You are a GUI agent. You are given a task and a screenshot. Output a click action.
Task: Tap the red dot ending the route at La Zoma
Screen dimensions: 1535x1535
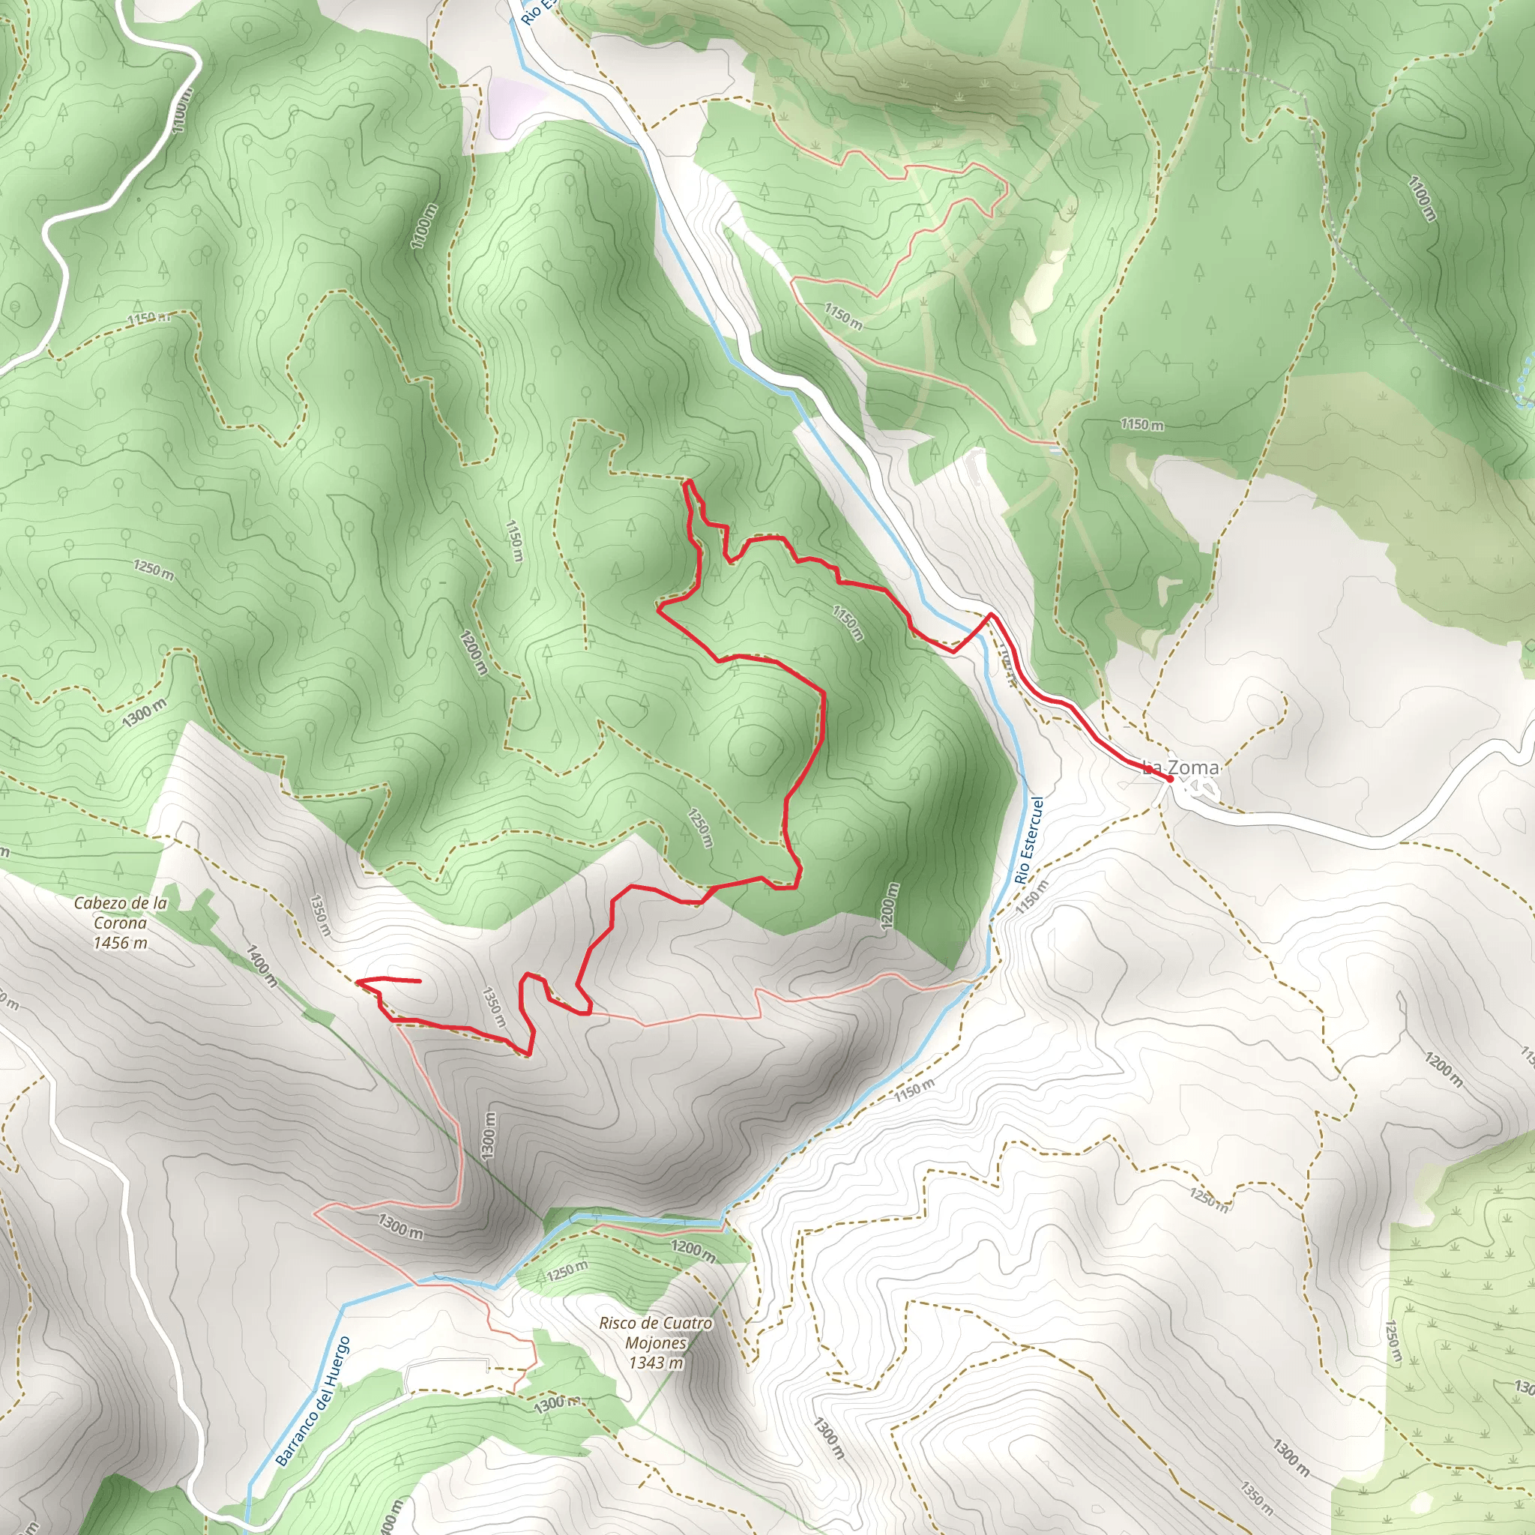click(1169, 779)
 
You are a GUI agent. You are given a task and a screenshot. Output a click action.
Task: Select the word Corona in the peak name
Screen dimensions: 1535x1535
click(120, 923)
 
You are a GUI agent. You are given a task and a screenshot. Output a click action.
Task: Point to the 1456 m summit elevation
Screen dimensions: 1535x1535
click(120, 943)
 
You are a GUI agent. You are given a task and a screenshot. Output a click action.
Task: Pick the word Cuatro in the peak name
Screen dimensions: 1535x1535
click(687, 1324)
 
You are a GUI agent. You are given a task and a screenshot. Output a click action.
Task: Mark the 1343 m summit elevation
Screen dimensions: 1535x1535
click(656, 1363)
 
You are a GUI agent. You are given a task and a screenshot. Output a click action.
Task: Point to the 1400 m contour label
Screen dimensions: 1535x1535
click(262, 965)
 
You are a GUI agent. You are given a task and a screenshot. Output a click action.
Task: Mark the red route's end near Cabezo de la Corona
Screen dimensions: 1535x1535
click(419, 981)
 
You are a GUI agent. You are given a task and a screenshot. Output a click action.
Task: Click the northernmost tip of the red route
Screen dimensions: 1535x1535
click(688, 481)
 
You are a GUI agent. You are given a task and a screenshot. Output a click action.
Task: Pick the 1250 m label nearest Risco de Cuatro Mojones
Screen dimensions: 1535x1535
click(567, 1272)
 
